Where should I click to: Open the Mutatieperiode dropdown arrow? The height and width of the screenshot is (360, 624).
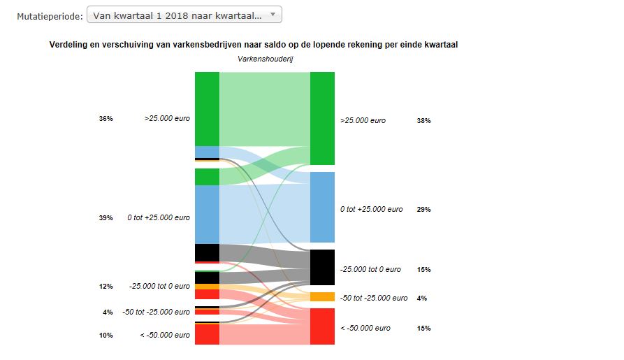coord(273,15)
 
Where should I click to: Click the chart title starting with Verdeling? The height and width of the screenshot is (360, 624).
coord(258,45)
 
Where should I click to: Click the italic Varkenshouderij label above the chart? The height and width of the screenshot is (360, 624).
coord(265,59)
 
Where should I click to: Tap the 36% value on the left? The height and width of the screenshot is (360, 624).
coord(106,119)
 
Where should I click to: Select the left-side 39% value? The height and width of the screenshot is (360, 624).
coord(106,218)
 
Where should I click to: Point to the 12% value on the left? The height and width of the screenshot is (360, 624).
coord(106,286)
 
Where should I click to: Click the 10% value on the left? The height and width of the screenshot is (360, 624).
coord(106,336)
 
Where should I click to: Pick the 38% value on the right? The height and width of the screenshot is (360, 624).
coord(423,121)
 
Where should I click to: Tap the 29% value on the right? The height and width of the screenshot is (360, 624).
coord(423,210)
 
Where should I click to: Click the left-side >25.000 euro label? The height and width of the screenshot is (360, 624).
coord(167,119)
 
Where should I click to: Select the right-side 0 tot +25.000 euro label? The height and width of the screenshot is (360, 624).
coord(371,210)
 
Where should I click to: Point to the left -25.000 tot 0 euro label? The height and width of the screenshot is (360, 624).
coord(159,286)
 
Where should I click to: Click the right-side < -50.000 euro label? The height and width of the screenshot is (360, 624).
coord(365,329)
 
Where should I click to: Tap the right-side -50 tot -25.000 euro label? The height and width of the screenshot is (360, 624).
coord(374,298)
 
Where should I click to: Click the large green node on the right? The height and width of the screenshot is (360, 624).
coord(322,118)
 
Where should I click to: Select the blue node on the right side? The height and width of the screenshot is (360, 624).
coord(322,207)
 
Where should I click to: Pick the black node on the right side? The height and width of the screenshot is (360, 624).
coord(322,267)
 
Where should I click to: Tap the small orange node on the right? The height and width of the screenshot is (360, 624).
coord(322,296)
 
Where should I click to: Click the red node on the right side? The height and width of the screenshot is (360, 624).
coord(322,326)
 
